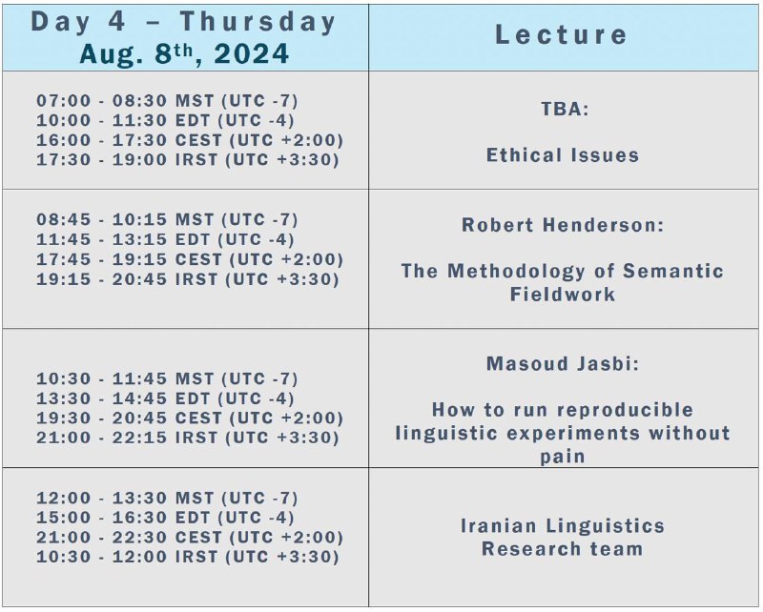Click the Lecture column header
click(561, 34)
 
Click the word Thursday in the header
click(258, 23)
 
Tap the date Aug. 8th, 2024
click(184, 53)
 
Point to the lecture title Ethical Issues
click(563, 155)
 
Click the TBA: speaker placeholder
click(565, 109)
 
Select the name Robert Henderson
click(558, 225)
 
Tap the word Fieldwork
click(563, 295)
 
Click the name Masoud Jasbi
click(558, 363)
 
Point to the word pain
click(563, 457)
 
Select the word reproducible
click(626, 410)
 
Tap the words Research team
click(562, 549)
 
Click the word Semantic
click(673, 271)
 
